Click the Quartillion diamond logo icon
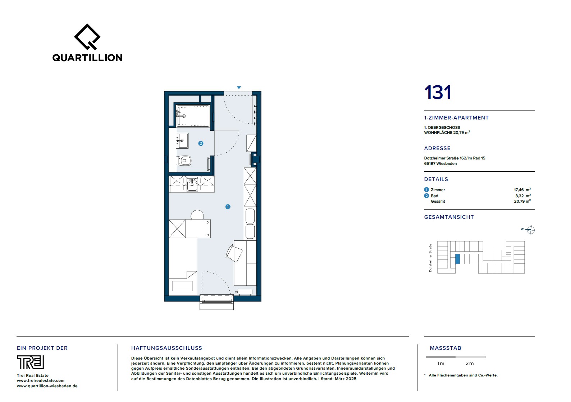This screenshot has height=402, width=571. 87,37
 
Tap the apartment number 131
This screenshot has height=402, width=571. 438,92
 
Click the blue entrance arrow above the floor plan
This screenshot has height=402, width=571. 239,87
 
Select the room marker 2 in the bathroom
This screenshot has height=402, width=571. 201,143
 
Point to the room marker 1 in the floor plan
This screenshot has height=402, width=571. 228,207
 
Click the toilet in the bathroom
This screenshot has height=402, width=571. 184,161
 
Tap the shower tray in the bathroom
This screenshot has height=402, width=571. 193,116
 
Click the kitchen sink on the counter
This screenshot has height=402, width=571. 192,185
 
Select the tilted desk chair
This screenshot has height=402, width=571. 234,253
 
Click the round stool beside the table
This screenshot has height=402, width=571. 197,215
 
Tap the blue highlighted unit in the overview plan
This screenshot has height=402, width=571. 458,259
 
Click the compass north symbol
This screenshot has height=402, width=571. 530,230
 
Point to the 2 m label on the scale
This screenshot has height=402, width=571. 470,363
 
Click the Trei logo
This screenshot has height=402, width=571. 30,362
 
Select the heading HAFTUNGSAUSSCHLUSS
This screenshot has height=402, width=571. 166,348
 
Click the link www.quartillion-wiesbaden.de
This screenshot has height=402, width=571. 47,386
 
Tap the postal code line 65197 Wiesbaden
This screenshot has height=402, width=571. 440,163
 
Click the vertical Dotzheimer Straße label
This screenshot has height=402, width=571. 430,258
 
